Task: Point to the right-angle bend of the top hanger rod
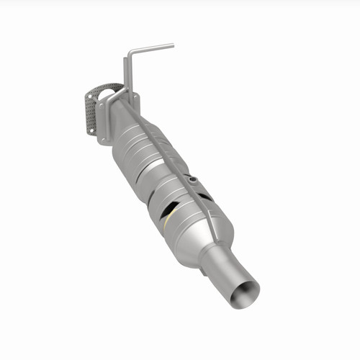tap(130, 53)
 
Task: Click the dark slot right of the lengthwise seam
tap(205, 195)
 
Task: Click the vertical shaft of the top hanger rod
tap(126, 72)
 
